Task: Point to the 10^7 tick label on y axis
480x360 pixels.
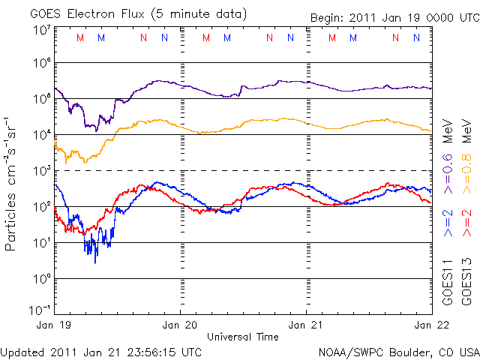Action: pyautogui.click(x=41, y=30)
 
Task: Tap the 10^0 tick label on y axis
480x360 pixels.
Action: pyautogui.click(x=41, y=278)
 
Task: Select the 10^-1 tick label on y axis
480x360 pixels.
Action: pyautogui.click(x=41, y=310)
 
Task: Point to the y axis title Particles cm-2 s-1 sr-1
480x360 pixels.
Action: pyautogui.click(x=11, y=183)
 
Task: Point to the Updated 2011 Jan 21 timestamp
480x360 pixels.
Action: pyautogui.click(x=101, y=351)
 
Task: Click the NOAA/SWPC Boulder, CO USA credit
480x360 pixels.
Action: pyautogui.click(x=398, y=351)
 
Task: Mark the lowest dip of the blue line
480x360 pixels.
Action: pyautogui.click(x=95, y=262)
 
